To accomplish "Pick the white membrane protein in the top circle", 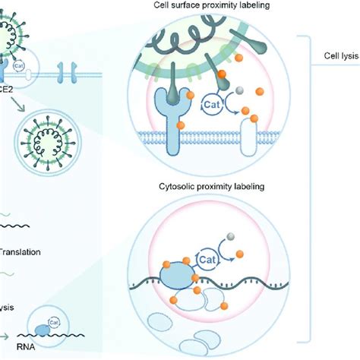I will pyautogui.click(x=250, y=137).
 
